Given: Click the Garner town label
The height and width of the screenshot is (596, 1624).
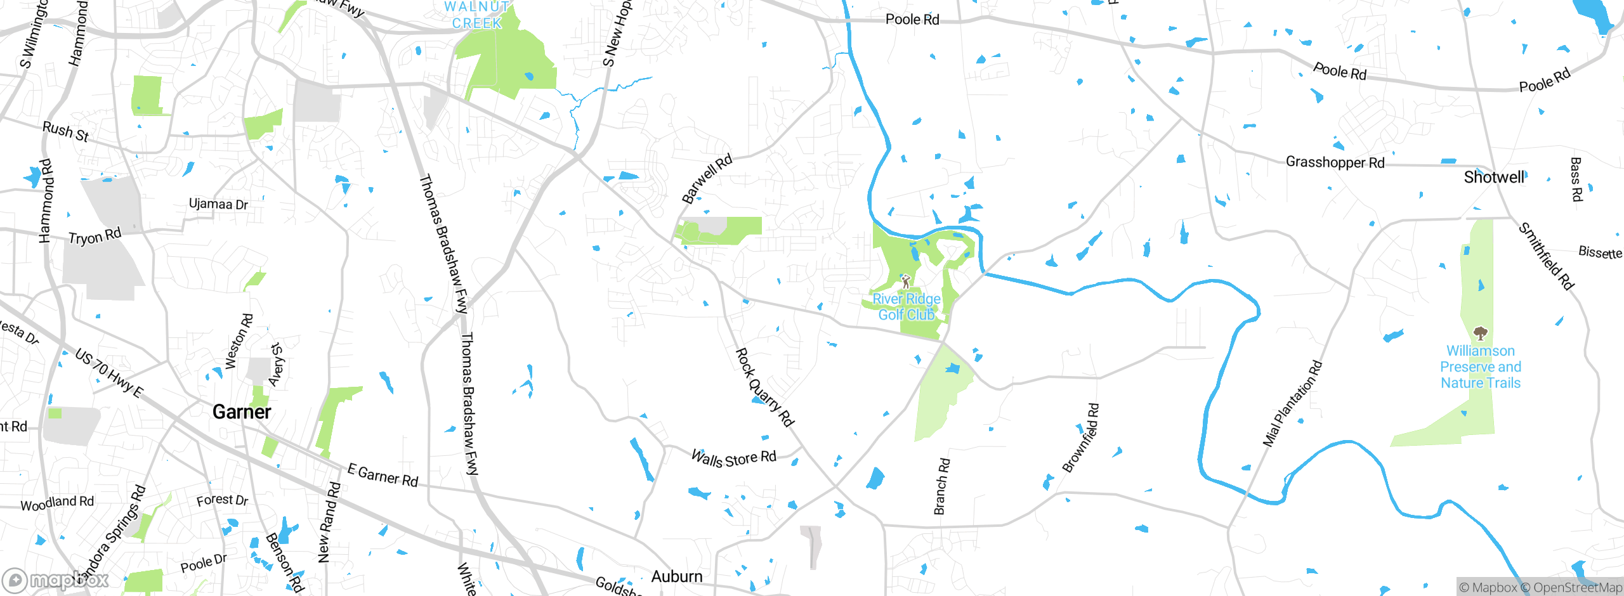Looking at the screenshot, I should (242, 412).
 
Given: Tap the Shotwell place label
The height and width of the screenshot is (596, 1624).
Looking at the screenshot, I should (1493, 178).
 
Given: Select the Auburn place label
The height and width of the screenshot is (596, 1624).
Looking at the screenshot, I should (677, 576).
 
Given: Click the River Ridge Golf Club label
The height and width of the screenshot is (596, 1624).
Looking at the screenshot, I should (907, 307).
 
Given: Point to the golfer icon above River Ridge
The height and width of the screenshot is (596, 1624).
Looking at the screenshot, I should (906, 281).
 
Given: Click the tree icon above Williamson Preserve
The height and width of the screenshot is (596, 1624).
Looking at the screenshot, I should (1480, 333).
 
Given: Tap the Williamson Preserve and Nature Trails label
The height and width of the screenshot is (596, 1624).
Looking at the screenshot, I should (1480, 367).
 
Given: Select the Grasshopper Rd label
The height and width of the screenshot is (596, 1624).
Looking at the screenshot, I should (1335, 162).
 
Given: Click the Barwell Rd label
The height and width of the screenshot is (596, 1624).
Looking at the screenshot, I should (707, 179).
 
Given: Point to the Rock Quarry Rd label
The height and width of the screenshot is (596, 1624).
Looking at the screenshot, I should (764, 387).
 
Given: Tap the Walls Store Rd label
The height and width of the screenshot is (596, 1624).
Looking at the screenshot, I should (733, 458).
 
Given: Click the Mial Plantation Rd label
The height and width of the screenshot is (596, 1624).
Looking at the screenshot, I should (1292, 403).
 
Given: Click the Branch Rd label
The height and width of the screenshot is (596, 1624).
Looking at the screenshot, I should (941, 486).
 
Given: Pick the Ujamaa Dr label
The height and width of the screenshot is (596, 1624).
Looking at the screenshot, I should (218, 204).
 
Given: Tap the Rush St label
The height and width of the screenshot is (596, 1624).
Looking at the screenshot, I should (65, 132).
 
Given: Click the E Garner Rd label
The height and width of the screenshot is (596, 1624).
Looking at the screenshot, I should (383, 476).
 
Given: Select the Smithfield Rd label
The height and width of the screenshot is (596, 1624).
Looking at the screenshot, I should (1546, 256).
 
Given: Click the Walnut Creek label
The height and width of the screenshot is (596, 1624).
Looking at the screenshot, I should (477, 15).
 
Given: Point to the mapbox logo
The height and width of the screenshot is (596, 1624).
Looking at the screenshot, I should (56, 580).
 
